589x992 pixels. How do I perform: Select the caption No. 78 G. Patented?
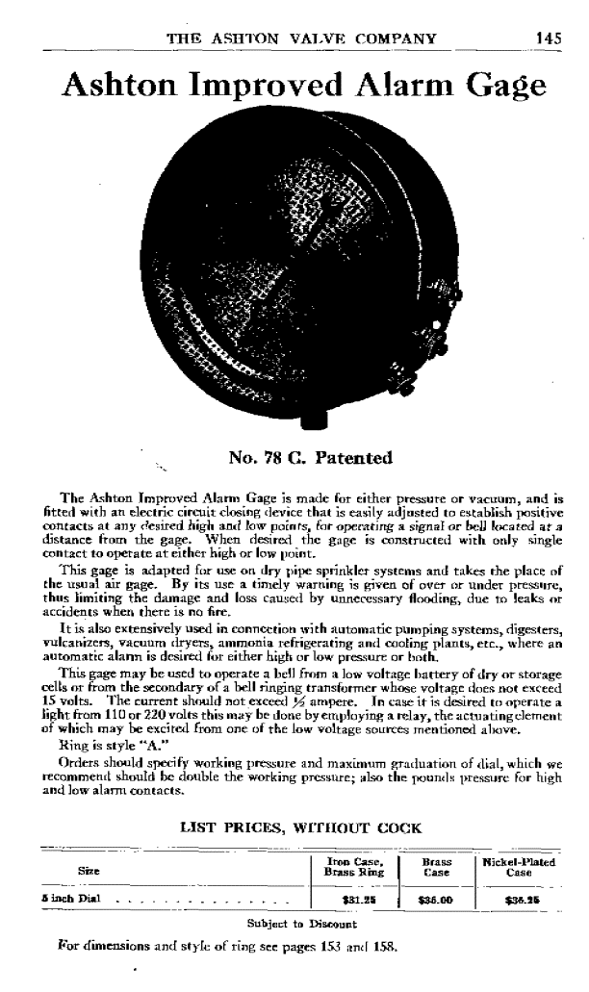tap(311, 458)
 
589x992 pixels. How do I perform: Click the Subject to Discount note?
tap(294, 923)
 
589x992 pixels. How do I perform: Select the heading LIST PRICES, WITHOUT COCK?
tap(294, 826)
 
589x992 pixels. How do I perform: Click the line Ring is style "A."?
tap(100, 743)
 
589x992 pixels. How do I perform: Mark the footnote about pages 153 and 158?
tap(220, 946)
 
